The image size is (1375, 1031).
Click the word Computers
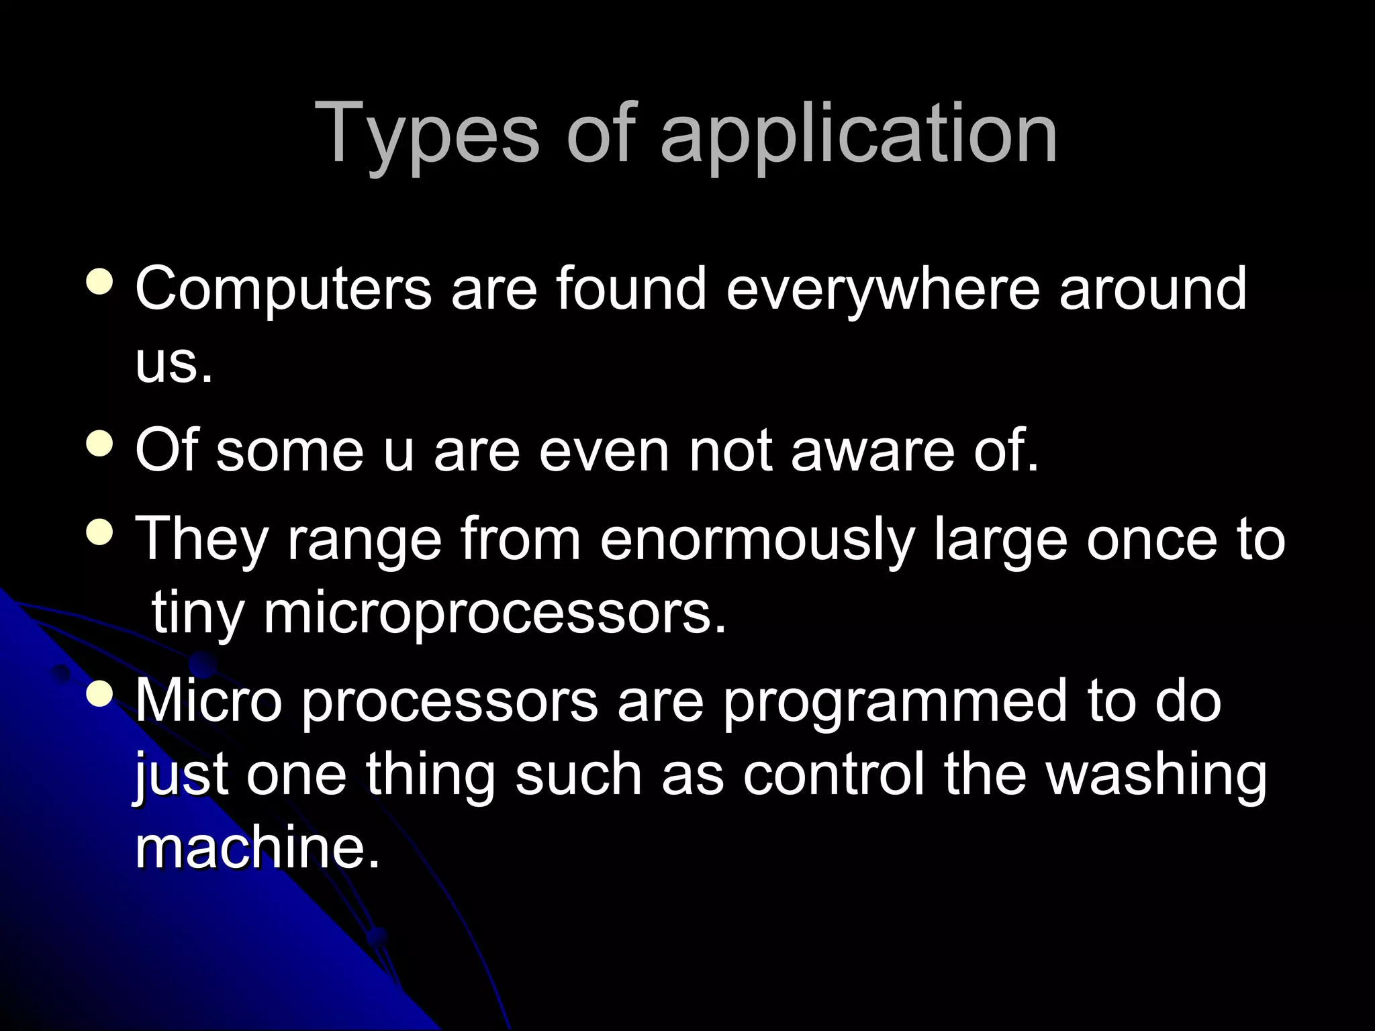[283, 289]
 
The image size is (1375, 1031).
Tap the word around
[1152, 289]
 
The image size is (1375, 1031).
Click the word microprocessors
[495, 613]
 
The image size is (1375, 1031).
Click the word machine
[258, 848]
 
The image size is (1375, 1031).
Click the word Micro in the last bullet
[209, 702]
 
